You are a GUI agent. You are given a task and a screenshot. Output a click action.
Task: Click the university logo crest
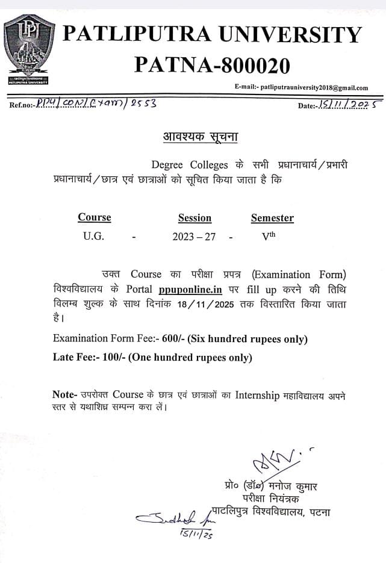coord(29,51)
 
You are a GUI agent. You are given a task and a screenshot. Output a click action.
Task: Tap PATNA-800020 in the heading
coord(212,64)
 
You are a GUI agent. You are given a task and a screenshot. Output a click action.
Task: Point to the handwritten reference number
coord(96,103)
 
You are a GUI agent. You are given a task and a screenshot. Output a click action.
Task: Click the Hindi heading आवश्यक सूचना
coord(201,137)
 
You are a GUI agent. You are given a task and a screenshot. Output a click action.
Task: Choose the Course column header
coord(95,217)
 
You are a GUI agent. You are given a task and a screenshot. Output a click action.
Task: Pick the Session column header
coord(195,218)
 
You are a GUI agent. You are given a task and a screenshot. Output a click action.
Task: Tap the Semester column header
coord(272,218)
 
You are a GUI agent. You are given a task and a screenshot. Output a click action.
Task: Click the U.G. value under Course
coord(93,237)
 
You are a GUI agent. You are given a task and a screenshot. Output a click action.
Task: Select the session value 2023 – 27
coord(194,237)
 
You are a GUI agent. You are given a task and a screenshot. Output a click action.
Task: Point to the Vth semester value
coord(269,236)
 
